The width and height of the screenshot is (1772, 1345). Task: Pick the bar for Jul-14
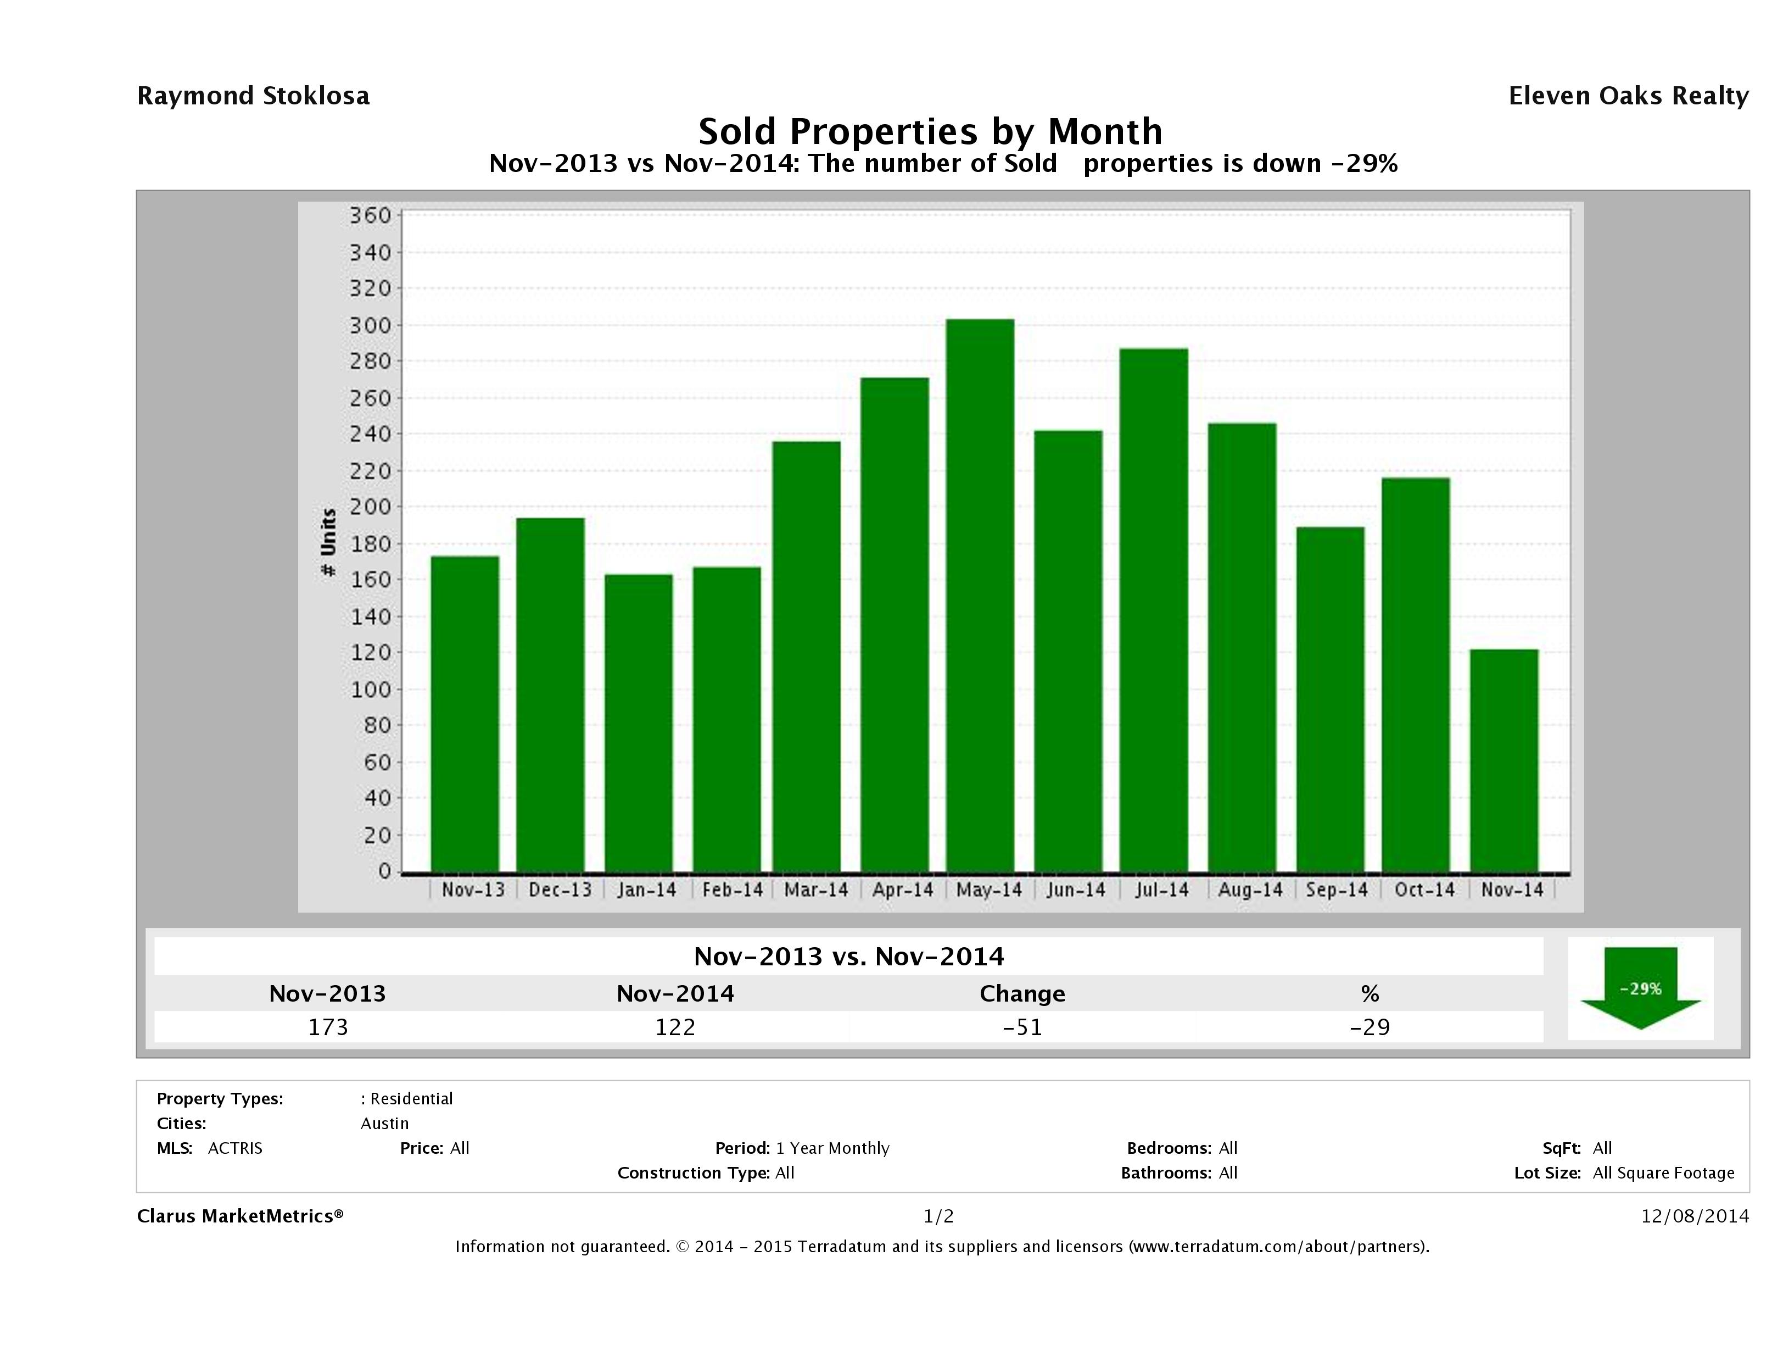(1154, 609)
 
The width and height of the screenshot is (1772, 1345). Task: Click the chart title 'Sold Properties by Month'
(930, 131)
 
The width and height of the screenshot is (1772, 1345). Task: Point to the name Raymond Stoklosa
(253, 96)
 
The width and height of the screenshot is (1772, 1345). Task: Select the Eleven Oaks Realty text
(1628, 96)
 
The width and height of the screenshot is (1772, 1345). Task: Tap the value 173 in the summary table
(328, 1027)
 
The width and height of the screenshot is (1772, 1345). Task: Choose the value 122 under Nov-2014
(675, 1027)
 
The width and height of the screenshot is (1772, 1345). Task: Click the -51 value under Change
(1022, 1027)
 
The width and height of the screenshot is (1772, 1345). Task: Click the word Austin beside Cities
(384, 1123)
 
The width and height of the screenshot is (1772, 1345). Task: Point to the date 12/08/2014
(1694, 1216)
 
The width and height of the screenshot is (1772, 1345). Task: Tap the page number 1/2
(938, 1216)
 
